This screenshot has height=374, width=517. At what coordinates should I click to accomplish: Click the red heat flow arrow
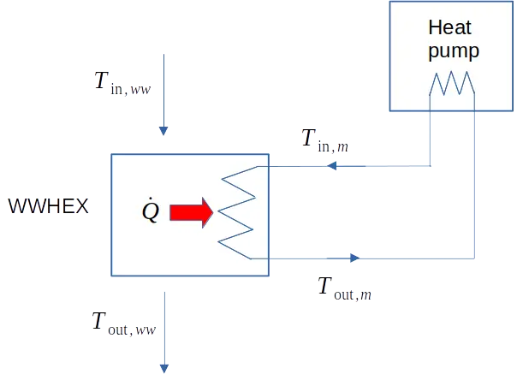click(x=189, y=213)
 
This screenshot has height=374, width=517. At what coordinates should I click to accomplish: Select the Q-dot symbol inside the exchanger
click(x=150, y=211)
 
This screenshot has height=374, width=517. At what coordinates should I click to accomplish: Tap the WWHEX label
click(x=48, y=208)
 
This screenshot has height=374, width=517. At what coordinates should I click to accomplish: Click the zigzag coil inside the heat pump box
click(x=451, y=84)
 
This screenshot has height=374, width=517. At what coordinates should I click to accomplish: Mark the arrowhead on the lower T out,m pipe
click(x=354, y=256)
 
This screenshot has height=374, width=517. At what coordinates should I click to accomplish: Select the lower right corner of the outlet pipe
click(x=475, y=256)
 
